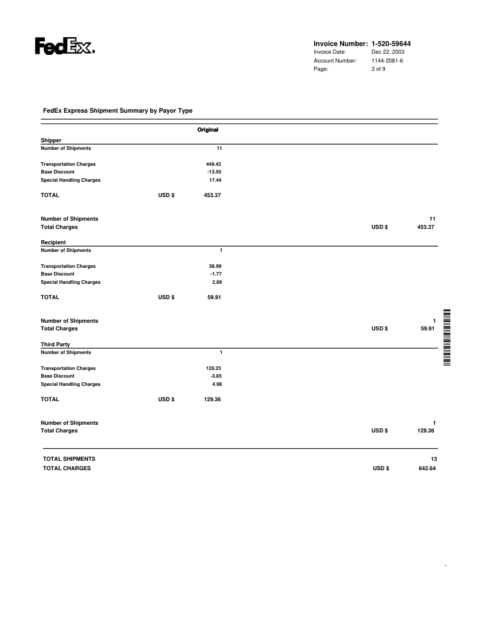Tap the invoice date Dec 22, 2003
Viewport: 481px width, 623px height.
(388, 53)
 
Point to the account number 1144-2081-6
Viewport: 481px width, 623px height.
(387, 61)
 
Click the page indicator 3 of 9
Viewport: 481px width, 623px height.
(378, 69)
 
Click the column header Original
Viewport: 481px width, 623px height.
(207, 129)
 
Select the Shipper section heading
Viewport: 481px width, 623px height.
(50, 140)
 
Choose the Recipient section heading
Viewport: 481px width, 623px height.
(53, 242)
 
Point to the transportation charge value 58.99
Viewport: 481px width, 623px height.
(214, 266)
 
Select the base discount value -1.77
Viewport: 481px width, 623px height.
(215, 274)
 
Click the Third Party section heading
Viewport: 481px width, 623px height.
(55, 344)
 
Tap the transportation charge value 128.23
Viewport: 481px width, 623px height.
(212, 368)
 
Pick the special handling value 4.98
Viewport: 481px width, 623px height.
(216, 384)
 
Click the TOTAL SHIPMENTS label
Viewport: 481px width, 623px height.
(69, 458)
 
